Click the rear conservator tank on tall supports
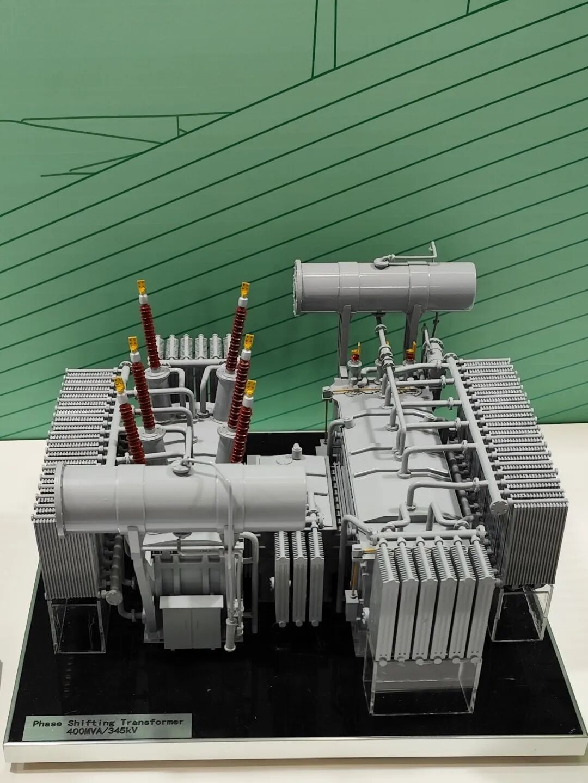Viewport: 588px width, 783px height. pyautogui.click(x=385, y=282)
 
